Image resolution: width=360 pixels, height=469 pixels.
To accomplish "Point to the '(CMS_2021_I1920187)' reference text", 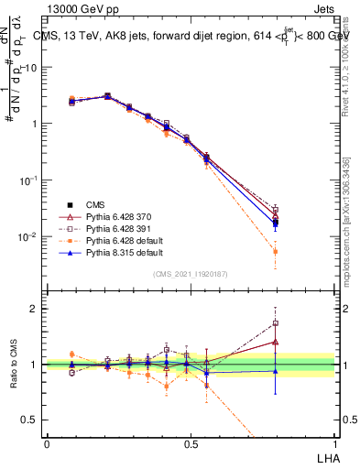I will (x=191, y=274).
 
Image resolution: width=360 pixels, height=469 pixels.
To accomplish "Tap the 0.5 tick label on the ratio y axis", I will (x=31, y=420).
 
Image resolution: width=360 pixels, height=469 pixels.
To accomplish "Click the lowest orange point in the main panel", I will (x=275, y=251).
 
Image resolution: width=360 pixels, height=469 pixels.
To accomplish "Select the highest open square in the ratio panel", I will (x=275, y=322).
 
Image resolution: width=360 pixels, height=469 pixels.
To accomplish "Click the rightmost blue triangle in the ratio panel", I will (x=275, y=370).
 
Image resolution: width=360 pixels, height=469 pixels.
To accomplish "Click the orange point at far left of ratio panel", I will (x=71, y=354).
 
